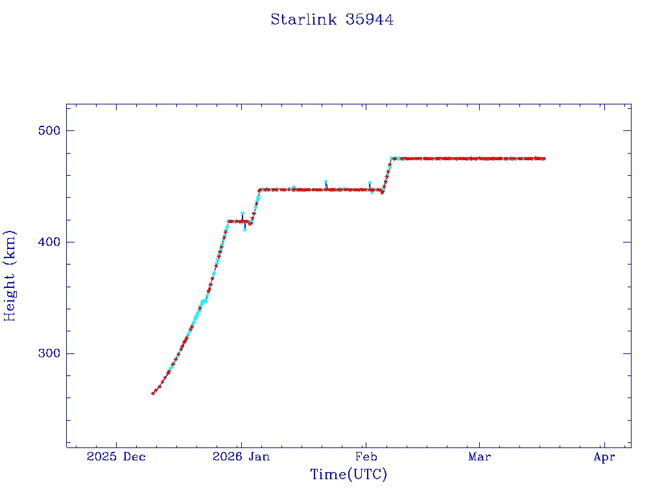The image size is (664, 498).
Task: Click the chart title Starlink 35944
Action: point(332,19)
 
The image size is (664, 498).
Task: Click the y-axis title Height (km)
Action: point(10,276)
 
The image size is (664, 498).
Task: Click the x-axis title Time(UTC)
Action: point(349,475)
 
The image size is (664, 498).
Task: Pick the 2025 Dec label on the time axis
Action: point(117,457)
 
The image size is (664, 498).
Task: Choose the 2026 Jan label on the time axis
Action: point(241,457)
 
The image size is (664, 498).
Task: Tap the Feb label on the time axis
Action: point(366,457)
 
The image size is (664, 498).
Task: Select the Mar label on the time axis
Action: point(479,457)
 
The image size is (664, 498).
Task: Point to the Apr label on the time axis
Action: point(604,457)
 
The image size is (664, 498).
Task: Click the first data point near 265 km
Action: point(153,393)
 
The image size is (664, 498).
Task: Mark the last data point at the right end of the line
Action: point(543,158)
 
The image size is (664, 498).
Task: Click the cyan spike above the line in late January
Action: point(326,182)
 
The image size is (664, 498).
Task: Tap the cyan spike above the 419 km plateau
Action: point(242,213)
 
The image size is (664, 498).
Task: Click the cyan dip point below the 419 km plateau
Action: point(244,230)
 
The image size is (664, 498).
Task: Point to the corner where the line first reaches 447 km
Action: point(259,190)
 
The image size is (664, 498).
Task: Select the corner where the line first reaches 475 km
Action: point(392,158)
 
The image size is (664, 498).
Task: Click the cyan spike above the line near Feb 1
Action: point(370,183)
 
